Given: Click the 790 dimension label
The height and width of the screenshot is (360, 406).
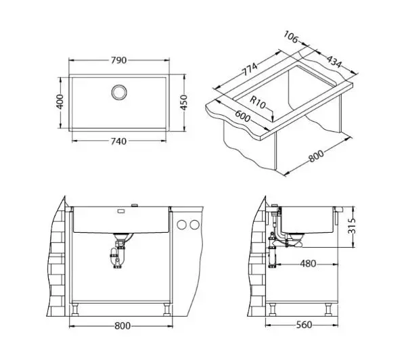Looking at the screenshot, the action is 118,60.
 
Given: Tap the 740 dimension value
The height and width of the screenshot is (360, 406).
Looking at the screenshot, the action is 118,141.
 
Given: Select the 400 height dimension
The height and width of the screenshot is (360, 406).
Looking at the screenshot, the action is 60,102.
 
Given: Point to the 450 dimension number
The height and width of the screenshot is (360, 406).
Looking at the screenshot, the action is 183,103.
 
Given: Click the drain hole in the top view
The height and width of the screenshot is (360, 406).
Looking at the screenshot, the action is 119,92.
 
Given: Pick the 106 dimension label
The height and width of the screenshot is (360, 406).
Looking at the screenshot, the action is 291,37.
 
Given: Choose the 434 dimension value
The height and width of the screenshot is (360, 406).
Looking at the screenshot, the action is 334,62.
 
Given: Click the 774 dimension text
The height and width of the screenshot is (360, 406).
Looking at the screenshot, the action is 250,69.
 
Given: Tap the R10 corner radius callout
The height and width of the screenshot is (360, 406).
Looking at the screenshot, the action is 258,103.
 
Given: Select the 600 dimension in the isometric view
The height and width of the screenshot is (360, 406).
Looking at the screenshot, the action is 243,116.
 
